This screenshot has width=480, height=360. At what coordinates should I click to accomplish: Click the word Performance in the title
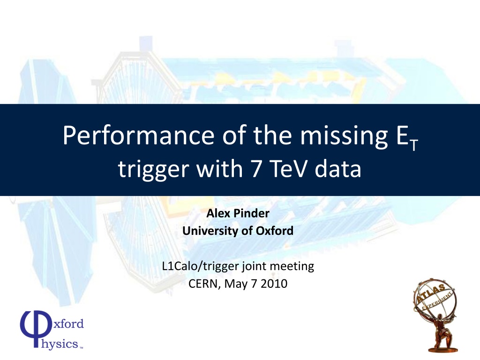click(x=138, y=135)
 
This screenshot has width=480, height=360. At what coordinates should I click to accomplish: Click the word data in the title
click(x=338, y=169)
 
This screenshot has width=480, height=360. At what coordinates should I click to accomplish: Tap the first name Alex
click(x=218, y=213)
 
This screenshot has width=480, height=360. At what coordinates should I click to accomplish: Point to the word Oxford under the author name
click(x=275, y=231)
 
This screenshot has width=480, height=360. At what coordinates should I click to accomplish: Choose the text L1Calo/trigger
click(x=201, y=266)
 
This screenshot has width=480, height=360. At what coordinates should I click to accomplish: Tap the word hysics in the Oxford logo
click(x=60, y=344)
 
